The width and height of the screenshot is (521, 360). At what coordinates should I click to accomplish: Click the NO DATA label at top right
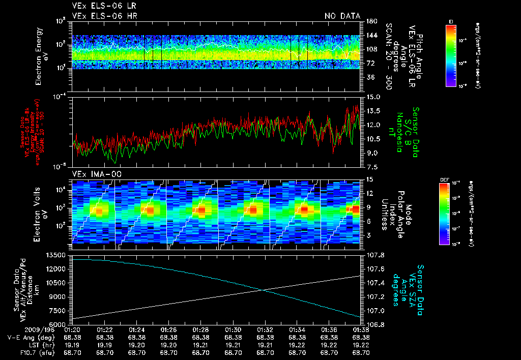point(342,16)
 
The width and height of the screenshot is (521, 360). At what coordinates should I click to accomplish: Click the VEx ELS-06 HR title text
point(104,16)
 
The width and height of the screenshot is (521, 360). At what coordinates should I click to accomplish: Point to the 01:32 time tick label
point(265,329)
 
